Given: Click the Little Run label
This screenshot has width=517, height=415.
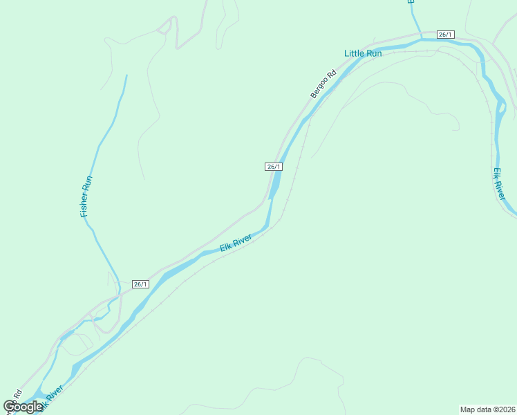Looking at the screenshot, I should coord(363,53).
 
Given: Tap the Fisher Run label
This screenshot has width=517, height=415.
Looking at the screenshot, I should coord(86,197).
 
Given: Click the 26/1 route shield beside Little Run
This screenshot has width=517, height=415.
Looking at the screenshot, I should coord(446,35).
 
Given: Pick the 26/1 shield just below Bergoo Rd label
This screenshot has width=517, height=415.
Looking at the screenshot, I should coord(274,167).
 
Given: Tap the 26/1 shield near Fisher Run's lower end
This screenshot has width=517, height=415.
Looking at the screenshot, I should coord(140,284).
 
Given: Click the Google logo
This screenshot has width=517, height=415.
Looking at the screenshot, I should coord(23,406).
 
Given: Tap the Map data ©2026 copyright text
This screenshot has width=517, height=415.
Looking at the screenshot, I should coord(487,409).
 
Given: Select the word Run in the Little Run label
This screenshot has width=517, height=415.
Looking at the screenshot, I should coord(373,53).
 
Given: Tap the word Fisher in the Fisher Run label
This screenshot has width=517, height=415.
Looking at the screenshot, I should coord(85,205).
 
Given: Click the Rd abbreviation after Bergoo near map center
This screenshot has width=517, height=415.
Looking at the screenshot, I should coord(332,73).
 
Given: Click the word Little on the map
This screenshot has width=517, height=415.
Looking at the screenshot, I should coord(354,53).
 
